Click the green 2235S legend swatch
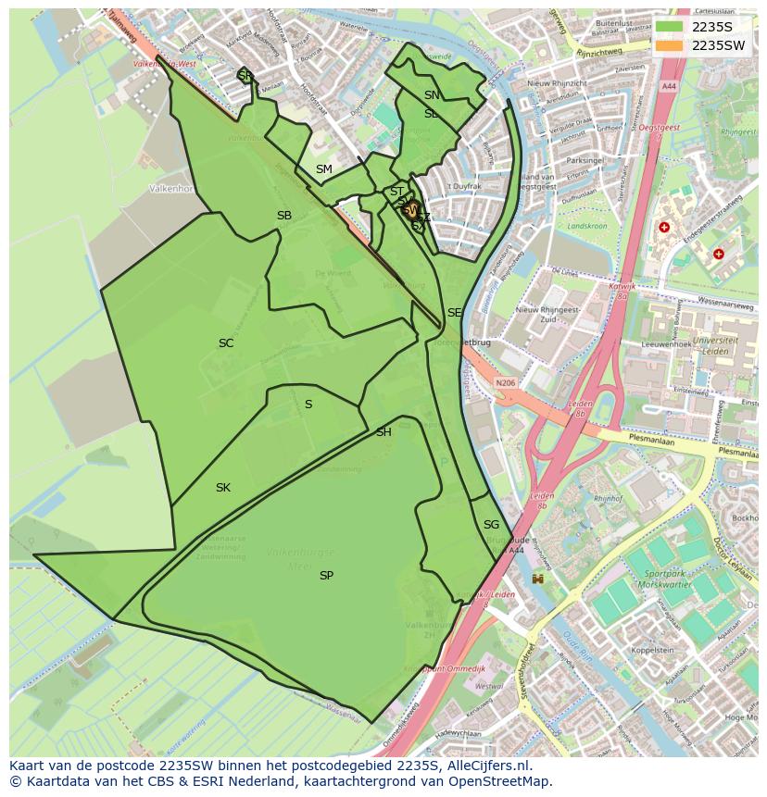click(x=671, y=27)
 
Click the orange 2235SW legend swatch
click(x=671, y=45)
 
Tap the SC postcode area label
click(x=226, y=343)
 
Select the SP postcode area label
click(x=326, y=576)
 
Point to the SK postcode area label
click(x=223, y=488)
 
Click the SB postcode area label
click(x=284, y=216)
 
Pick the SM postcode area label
click(x=323, y=169)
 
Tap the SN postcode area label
click(x=432, y=95)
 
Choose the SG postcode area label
click(x=491, y=525)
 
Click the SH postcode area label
click(x=383, y=432)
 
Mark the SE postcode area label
click(x=454, y=313)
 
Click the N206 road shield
click(x=505, y=382)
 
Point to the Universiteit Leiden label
click(x=714, y=345)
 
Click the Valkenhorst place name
click(x=171, y=188)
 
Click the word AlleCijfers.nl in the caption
click(x=498, y=766)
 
